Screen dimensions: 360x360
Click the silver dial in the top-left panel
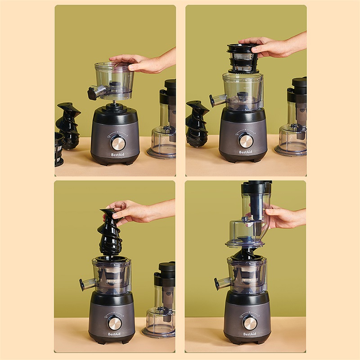tap(118, 143)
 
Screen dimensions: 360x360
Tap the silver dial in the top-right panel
tap(246, 140)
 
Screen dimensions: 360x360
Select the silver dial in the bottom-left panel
tap(115, 323)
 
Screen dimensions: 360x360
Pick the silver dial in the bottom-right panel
tap(250, 323)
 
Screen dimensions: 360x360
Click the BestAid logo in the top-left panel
tap(117, 154)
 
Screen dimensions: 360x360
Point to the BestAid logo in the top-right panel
tap(245, 152)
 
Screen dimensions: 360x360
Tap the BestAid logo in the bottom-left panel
tap(114, 334)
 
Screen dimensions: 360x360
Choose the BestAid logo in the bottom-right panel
tap(250, 334)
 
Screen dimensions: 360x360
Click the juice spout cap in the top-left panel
tap(91, 94)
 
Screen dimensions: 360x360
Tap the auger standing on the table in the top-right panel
tap(197, 123)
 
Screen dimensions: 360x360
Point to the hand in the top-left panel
tap(142, 62)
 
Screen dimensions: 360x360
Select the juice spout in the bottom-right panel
tap(222, 283)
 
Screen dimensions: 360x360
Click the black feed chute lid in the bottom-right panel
tap(256, 187)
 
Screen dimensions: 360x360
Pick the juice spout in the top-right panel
tap(217, 100)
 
